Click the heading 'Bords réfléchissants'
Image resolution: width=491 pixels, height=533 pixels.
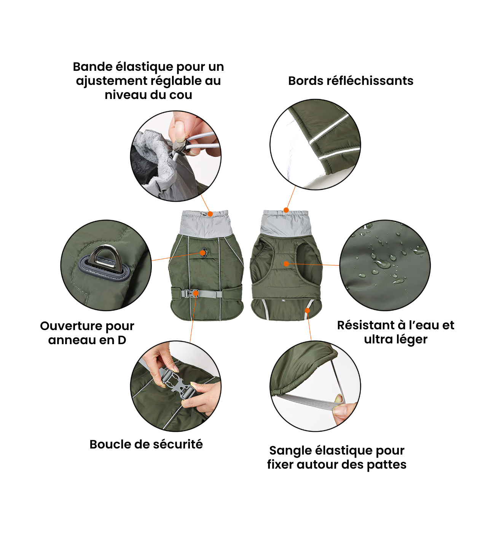351,81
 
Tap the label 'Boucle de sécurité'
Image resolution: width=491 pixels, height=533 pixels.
146,444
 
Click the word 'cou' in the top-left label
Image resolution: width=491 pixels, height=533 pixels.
181,95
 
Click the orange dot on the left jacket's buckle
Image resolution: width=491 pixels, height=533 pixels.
196,293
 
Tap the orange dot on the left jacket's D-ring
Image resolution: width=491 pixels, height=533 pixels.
203,253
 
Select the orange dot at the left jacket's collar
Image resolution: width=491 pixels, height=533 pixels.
210,214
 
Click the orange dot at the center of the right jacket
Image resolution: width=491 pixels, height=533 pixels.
286,264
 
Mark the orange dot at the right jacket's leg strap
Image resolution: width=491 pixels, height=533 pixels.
308,310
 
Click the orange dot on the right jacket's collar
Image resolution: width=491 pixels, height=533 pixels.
286,210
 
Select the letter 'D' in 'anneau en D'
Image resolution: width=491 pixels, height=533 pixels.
122,340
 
